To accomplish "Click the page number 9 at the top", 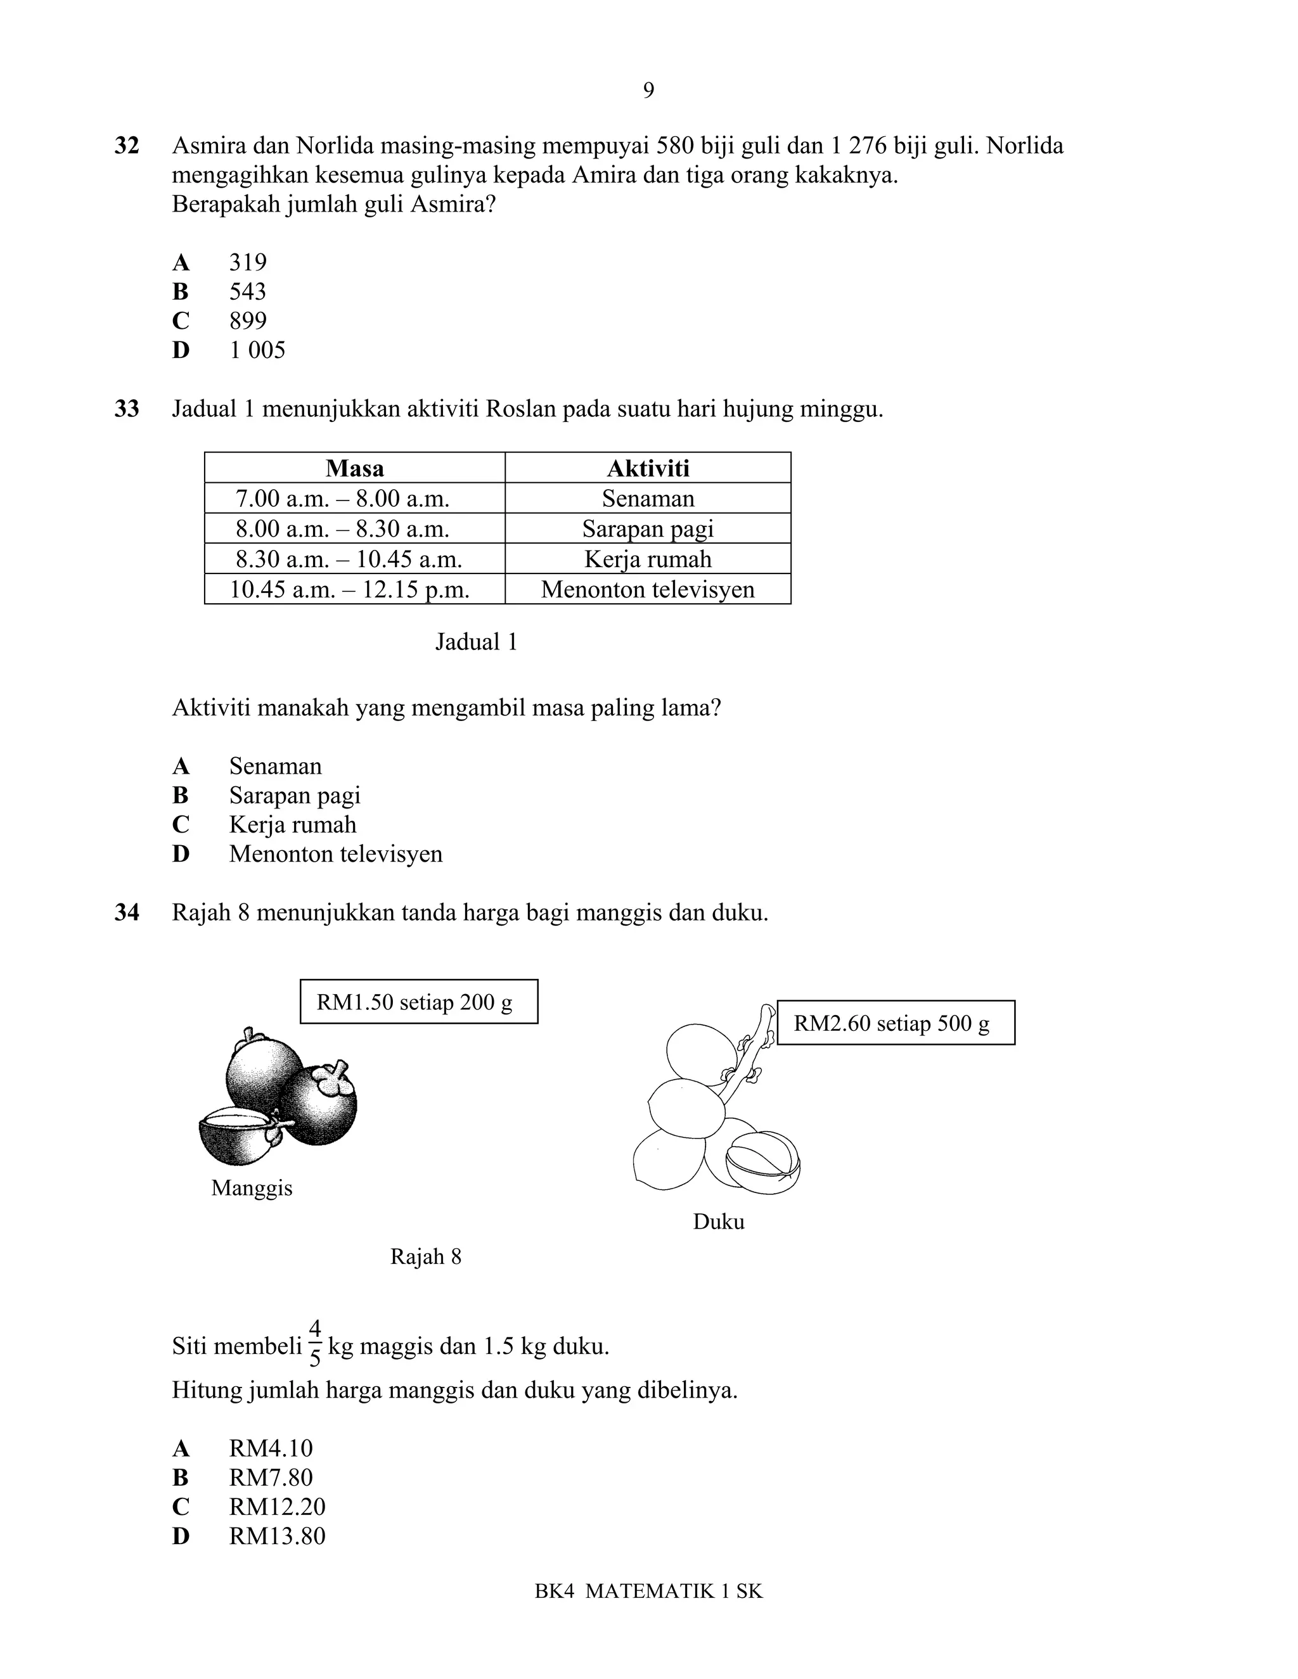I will point(648,91).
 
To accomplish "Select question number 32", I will point(127,145).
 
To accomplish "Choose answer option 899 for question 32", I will point(248,321).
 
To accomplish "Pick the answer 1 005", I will point(257,350).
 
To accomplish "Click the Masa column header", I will point(354,468).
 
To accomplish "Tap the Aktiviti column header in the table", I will point(648,468).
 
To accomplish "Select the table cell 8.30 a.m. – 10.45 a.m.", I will point(349,559).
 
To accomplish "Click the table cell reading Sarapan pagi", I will point(648,529).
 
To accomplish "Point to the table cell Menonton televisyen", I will point(648,590).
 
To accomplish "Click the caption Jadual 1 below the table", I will point(476,642).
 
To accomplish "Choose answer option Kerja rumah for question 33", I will point(292,825).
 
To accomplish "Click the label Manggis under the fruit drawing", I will point(252,1188).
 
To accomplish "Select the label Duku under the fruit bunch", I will point(718,1222).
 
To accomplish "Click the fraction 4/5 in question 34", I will point(314,1344).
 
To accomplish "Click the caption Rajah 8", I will point(425,1256).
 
